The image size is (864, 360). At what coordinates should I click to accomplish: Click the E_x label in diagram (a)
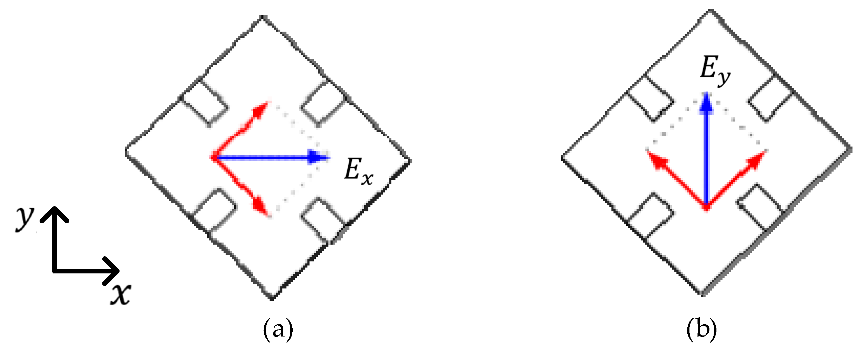pos(358,172)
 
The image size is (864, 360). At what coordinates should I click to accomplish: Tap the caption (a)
pos(278,329)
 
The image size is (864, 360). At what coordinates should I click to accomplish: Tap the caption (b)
pos(701,329)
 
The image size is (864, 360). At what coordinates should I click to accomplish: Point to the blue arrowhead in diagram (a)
pos(317,157)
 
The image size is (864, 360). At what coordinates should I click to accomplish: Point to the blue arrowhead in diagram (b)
pos(706,103)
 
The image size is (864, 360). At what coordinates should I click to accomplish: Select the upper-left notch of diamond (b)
pos(650,98)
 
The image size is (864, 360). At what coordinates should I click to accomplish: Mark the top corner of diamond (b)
pos(709,11)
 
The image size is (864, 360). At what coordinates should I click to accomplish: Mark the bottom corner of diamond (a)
pos(272,298)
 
